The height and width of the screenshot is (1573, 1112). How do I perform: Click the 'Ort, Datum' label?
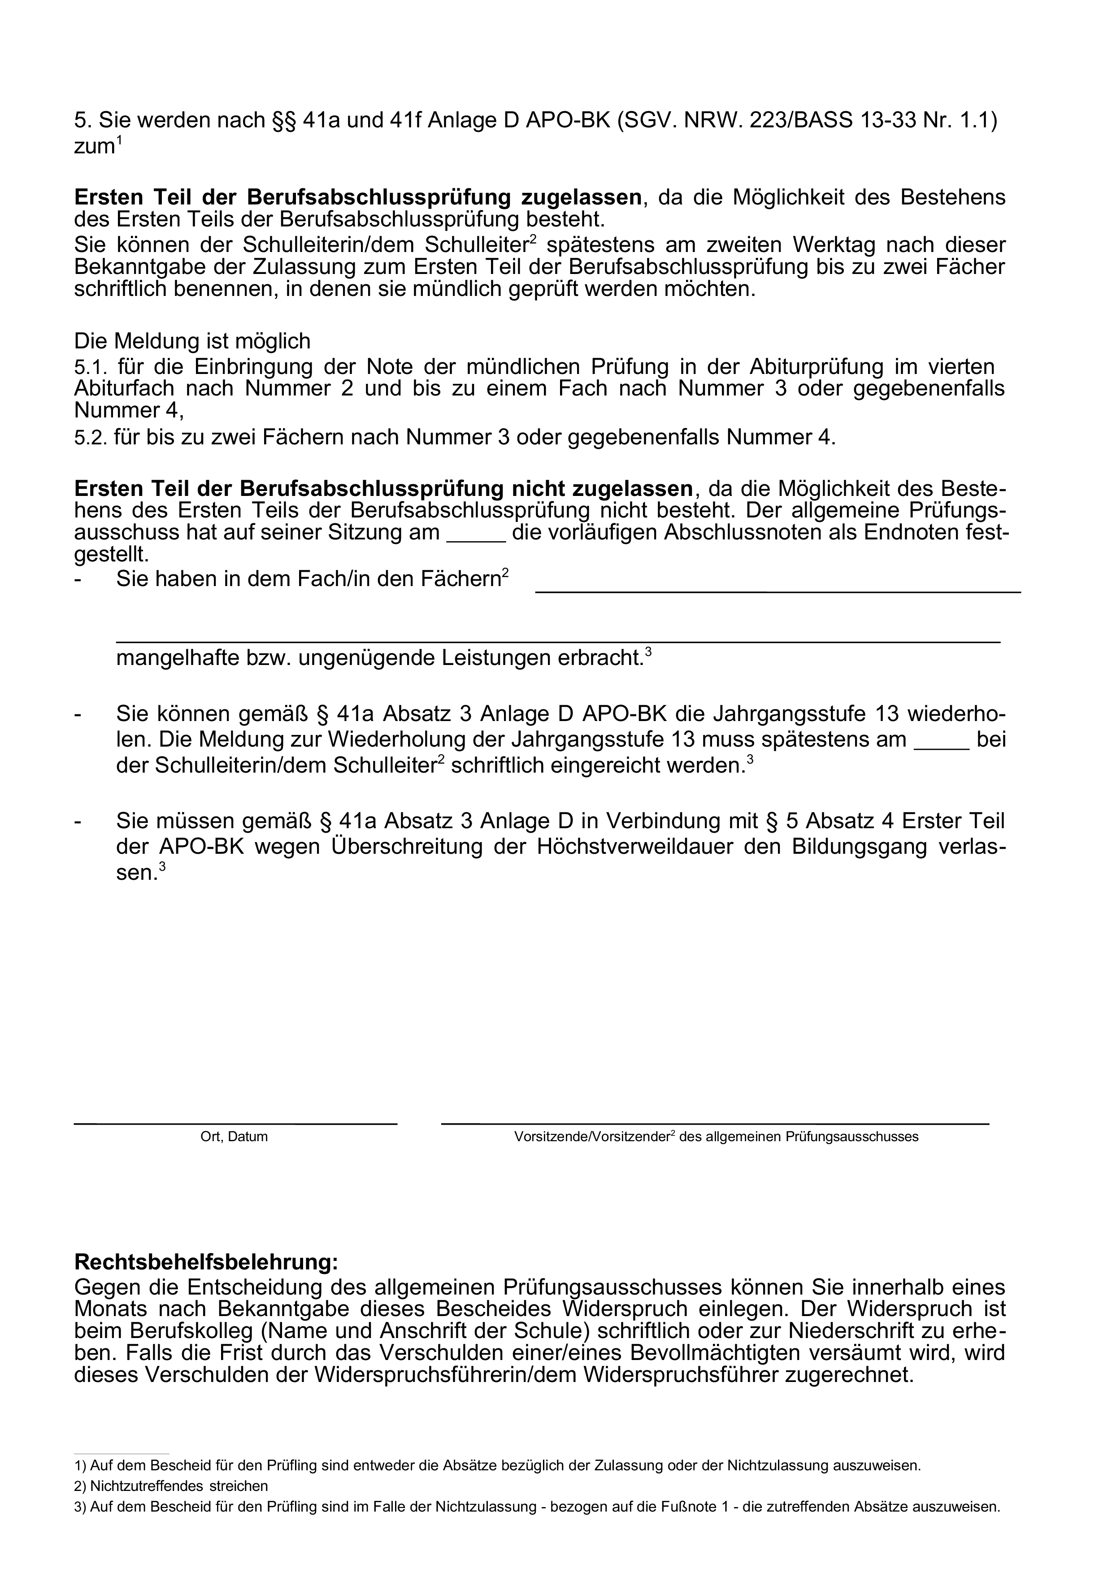pos(234,1137)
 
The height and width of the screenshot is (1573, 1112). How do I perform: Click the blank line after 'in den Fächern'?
pos(777,589)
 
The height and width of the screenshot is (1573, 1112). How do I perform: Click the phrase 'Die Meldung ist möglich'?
pos(192,341)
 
